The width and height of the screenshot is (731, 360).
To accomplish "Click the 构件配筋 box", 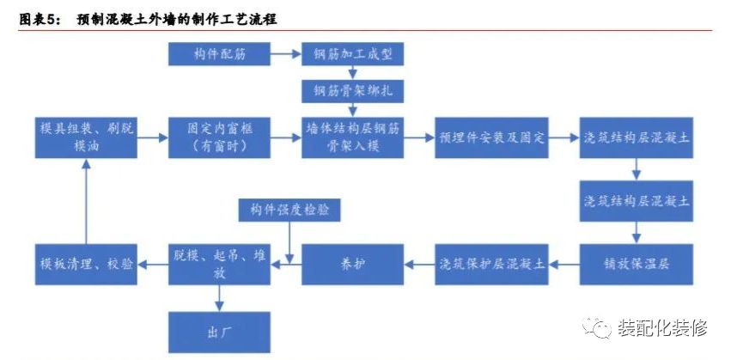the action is coord(219,53).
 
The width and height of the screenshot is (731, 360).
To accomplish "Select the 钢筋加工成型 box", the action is coord(352,53).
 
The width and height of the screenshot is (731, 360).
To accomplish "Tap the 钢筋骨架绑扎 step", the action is coord(352,91).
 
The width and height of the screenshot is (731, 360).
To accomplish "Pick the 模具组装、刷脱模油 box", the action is coord(86,137).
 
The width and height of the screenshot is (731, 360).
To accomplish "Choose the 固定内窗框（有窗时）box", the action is coord(219,137).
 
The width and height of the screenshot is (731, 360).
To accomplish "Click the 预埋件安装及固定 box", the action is coord(491,137).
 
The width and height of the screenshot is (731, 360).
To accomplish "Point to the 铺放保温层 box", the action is coord(637,265).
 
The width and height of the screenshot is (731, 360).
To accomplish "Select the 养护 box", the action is coord(352,265).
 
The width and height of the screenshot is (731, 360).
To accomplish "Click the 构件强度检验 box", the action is coord(289,210).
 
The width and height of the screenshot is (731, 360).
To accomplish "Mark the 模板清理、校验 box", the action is coord(86,265).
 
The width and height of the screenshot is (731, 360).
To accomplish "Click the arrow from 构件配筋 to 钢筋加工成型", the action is coord(286,54).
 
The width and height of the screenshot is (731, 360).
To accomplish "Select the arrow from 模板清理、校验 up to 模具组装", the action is coord(85,201).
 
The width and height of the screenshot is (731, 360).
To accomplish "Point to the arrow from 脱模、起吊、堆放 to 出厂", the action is coord(219,298).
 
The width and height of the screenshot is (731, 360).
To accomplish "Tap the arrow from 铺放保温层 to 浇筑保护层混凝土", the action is coord(564,265).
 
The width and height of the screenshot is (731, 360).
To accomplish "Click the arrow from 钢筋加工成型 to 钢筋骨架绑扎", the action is coord(353,73).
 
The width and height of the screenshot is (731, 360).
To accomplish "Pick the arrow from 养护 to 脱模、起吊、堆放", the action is coord(286,265).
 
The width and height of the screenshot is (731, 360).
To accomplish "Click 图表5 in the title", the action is coord(39,20).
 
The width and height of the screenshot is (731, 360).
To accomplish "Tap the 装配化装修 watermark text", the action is coord(662,328).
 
